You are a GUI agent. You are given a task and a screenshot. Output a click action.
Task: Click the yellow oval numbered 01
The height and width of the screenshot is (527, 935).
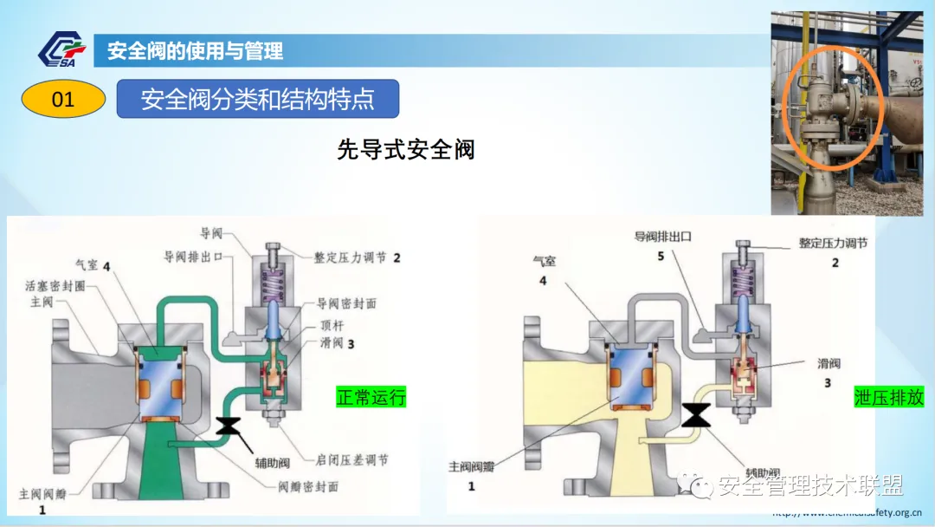point(63,100)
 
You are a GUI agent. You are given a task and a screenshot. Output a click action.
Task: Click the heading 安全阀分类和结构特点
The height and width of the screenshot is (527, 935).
point(257,99)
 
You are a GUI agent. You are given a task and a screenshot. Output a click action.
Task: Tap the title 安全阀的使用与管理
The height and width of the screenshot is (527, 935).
point(195,51)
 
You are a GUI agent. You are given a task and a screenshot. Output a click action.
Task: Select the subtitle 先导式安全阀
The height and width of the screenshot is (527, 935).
point(406,149)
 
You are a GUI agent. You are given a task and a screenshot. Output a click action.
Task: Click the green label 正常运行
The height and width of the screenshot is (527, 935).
point(371,398)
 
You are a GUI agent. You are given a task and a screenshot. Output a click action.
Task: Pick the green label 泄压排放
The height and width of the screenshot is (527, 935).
point(888,398)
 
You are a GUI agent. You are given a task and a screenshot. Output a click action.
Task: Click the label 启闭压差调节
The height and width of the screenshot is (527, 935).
point(352,459)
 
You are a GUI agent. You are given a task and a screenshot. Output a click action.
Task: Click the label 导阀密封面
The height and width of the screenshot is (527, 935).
point(346,303)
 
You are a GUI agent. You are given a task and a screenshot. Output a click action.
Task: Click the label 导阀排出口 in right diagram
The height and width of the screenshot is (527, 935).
point(662,236)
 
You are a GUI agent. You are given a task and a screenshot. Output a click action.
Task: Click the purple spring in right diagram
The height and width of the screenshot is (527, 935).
point(744,283)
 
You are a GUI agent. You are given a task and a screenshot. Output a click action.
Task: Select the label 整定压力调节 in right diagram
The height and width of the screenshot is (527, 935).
point(833,244)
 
